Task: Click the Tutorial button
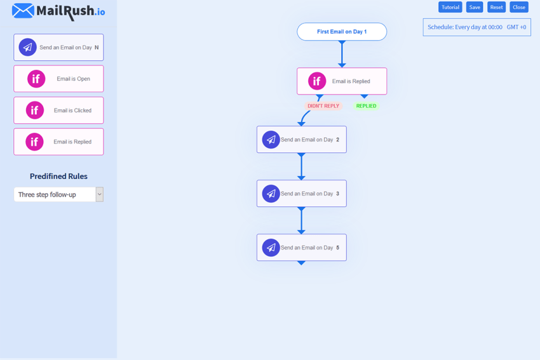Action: pyautogui.click(x=450, y=7)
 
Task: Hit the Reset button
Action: pyautogui.click(x=496, y=7)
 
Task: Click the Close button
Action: pyautogui.click(x=519, y=7)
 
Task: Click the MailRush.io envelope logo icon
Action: pyautogui.click(x=23, y=11)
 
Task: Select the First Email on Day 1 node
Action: pyautogui.click(x=342, y=32)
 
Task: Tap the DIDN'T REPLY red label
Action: pyautogui.click(x=323, y=106)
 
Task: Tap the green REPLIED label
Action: pyautogui.click(x=366, y=106)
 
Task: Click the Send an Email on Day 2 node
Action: pyautogui.click(x=302, y=140)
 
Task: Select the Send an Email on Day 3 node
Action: pyautogui.click(x=302, y=194)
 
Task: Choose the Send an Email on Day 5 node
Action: pyautogui.click(x=302, y=248)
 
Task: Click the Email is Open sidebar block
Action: pyautogui.click(x=58, y=79)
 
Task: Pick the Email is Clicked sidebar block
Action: pyautogui.click(x=58, y=110)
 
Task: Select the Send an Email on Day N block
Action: pyautogui.click(x=58, y=48)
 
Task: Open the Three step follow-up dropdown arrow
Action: pyautogui.click(x=99, y=194)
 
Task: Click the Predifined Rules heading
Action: pyautogui.click(x=58, y=177)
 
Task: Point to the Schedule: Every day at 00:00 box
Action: pyautogui.click(x=476, y=27)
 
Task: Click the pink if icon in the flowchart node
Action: pyautogui.click(x=317, y=81)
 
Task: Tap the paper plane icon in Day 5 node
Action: pyautogui.click(x=271, y=248)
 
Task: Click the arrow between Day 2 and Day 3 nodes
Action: pyautogui.click(x=302, y=167)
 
